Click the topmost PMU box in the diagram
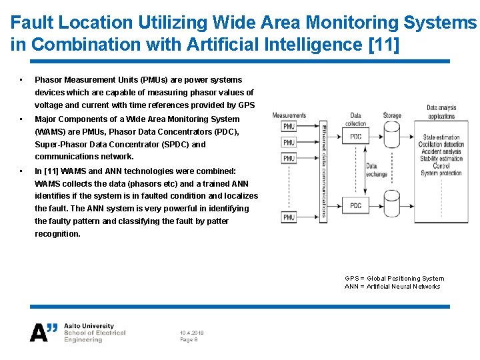pos(289,127)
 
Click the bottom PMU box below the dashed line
pos(289,217)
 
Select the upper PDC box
pos(356,137)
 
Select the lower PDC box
pos(356,205)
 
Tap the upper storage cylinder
pos(391,136)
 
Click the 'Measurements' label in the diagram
pos(289,115)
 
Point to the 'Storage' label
pos(392,115)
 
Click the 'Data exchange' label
pos(376,170)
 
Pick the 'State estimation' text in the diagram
pos(441,137)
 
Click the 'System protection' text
pos(441,173)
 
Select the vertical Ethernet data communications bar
pos(323,171)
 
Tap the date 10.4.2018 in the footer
pos(192,333)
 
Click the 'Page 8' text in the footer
pos(189,340)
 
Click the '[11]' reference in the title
pos(381,45)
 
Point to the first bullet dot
pos(22,80)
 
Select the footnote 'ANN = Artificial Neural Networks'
pos(392,287)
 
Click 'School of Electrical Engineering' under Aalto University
pos(95,336)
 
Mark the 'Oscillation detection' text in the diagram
pos(441,145)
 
